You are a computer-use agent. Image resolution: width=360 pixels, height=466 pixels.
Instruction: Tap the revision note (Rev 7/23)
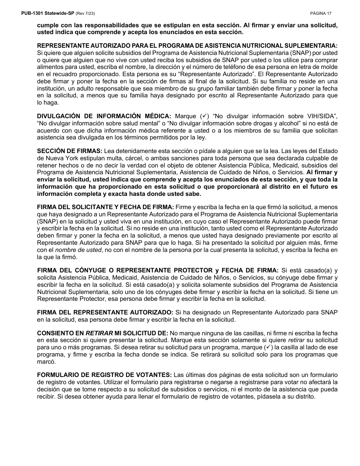click(85, 13)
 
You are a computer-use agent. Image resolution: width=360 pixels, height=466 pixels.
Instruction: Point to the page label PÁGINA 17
click(321, 13)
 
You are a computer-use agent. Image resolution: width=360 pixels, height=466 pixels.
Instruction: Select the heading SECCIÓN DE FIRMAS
click(70, 151)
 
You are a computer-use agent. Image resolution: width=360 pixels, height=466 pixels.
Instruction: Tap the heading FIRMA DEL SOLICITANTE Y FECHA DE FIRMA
click(105, 207)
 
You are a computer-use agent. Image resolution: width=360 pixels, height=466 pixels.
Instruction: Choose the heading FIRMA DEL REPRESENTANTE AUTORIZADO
click(105, 312)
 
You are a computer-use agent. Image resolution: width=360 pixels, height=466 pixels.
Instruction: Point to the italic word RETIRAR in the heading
click(99, 333)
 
